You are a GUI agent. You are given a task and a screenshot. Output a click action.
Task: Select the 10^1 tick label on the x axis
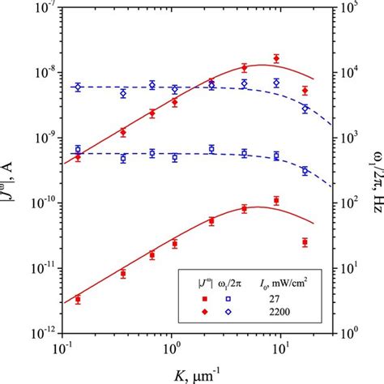[279, 348]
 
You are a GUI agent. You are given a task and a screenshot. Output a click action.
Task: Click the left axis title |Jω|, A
[10, 170]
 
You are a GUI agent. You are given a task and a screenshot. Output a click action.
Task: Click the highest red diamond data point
[276, 58]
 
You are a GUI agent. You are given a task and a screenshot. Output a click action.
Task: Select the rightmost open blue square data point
[305, 171]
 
